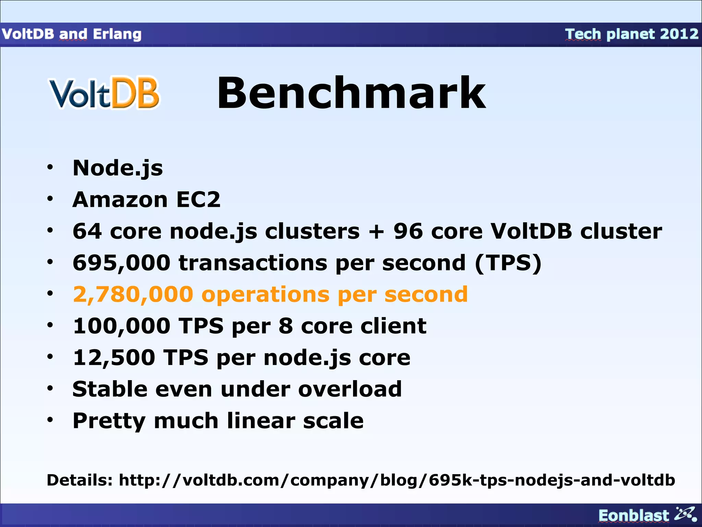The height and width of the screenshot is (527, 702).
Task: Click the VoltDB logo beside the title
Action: click(x=104, y=93)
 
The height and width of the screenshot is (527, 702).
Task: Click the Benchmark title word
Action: click(x=351, y=93)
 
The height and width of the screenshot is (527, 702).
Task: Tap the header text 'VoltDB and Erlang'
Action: click(x=72, y=34)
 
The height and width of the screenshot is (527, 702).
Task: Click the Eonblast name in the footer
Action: click(x=633, y=515)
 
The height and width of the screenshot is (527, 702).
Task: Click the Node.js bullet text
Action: click(x=118, y=168)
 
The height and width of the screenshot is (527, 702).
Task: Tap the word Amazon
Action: click(x=120, y=199)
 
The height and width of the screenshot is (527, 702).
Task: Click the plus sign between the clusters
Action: click(x=376, y=231)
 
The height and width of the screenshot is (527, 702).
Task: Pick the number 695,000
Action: click(x=121, y=263)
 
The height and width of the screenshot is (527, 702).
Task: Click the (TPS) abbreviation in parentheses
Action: click(x=508, y=263)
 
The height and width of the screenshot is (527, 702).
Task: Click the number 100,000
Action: click(x=121, y=326)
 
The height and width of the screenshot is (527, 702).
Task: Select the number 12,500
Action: click(x=114, y=358)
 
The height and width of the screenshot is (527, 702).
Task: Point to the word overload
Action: click(x=350, y=389)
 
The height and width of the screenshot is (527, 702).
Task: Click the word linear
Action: click(x=261, y=421)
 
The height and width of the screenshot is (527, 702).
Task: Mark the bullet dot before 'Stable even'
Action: click(x=50, y=389)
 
